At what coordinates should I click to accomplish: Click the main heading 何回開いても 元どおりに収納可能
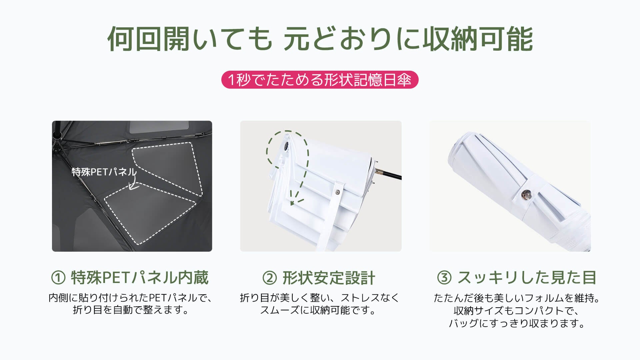[x=320, y=39]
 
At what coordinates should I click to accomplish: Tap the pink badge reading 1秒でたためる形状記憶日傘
[x=320, y=80]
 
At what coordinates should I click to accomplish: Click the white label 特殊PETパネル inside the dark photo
[x=104, y=172]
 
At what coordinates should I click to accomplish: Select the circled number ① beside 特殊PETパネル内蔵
[x=58, y=278]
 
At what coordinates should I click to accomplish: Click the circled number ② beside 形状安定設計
[x=270, y=278]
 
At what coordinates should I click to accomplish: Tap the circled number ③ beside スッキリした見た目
[x=444, y=278]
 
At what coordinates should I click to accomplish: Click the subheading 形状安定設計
[x=329, y=278]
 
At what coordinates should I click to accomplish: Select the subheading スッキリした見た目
[x=527, y=278]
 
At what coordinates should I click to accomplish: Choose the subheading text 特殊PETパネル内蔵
[x=140, y=278]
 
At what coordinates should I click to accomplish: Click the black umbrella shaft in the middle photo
[x=389, y=174]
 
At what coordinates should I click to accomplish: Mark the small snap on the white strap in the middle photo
[x=338, y=192]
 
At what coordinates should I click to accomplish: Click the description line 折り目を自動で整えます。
[x=131, y=310]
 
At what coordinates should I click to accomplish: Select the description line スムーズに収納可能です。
[x=318, y=310]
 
